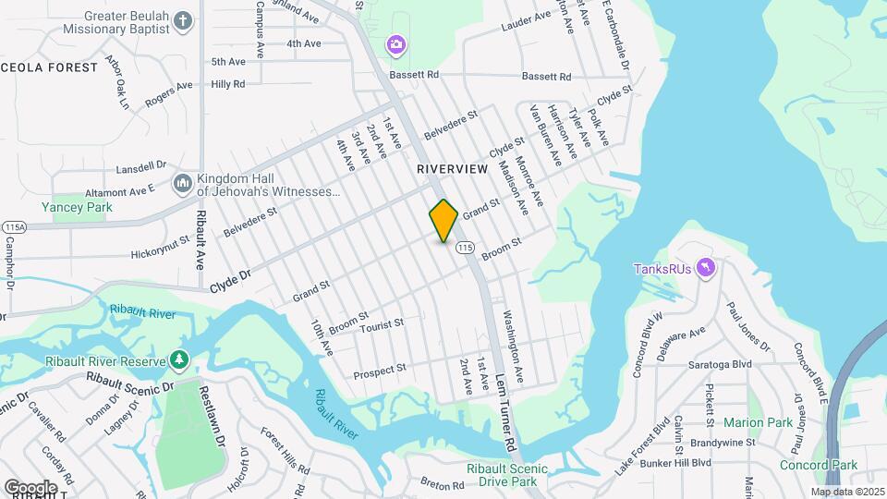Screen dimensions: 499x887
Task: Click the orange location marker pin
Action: [443, 220]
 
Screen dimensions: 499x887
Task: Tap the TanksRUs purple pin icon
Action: [707, 268]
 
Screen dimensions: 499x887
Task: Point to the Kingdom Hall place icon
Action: [182, 185]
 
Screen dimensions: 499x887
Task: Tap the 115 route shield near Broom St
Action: [465, 247]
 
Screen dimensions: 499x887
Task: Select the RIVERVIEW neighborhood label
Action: [452, 169]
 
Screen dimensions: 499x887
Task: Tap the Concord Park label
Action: [819, 465]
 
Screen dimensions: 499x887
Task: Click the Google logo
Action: [30, 487]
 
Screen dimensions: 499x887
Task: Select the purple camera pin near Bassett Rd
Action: [395, 43]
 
